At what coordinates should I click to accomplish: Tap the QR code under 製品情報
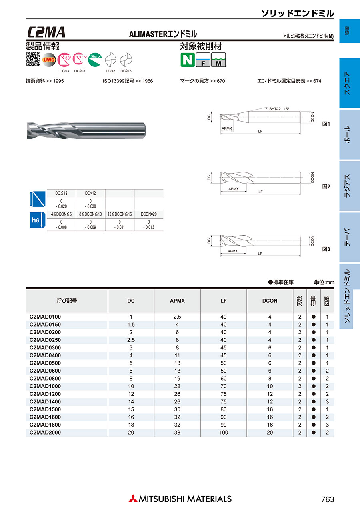(x=33, y=59)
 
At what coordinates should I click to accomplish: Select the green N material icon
(x=187, y=60)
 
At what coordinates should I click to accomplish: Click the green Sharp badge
(x=95, y=59)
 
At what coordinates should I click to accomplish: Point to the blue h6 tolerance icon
(x=36, y=220)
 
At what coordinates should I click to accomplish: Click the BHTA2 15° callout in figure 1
(x=278, y=108)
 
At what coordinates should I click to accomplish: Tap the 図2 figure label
(x=326, y=186)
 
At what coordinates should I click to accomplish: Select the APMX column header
(x=177, y=301)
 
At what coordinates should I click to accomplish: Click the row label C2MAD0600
(x=46, y=371)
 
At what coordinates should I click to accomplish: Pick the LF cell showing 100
(x=223, y=432)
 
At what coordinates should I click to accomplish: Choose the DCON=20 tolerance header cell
(x=148, y=214)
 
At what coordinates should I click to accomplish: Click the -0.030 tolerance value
(x=90, y=206)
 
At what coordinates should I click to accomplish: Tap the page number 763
(x=327, y=499)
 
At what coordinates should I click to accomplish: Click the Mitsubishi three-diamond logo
(x=132, y=499)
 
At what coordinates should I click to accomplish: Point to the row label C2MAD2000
(x=46, y=432)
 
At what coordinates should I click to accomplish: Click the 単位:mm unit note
(x=324, y=282)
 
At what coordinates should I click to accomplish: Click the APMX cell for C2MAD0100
(x=177, y=317)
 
